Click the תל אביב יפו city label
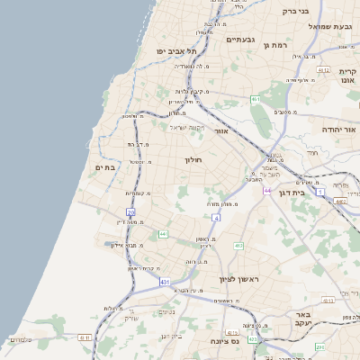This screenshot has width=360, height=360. click(175, 51)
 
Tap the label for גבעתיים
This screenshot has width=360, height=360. click(241, 40)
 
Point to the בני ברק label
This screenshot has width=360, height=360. click(296, 12)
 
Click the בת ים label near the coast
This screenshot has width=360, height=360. click(106, 167)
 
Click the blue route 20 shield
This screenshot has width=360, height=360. click(130, 212)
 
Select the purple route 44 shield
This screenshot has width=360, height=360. click(267, 190)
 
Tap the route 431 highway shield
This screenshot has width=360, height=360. click(165, 282)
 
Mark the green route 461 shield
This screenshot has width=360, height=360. click(255, 99)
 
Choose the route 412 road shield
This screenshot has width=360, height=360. click(238, 245)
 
